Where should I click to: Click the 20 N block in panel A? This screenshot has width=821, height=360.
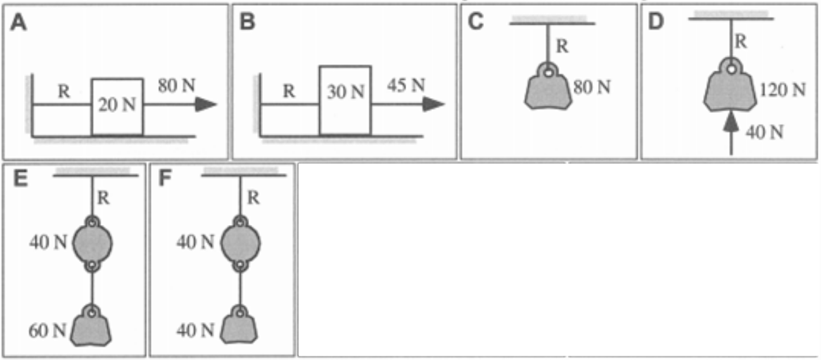pos(117,106)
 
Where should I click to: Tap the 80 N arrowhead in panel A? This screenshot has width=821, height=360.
pos(207,105)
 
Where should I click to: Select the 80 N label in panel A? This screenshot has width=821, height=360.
pos(176,86)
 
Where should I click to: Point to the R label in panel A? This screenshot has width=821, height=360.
pos(63,91)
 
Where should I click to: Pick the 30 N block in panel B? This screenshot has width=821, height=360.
pos(345,100)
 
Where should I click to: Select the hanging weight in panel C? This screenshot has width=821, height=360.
pos(549,91)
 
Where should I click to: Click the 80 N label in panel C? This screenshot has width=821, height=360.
pos(592,87)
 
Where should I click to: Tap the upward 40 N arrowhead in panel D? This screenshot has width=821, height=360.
pos(731,122)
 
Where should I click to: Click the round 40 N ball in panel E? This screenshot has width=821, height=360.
pos(93,242)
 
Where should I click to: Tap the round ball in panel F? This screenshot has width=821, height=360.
pos(240,242)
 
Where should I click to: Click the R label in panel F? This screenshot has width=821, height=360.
pos(252,198)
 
